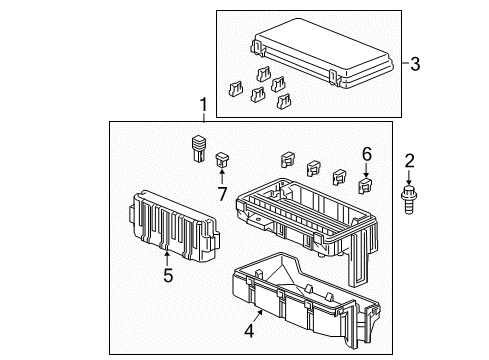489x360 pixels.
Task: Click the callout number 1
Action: point(203,105)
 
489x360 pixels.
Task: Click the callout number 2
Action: point(409,161)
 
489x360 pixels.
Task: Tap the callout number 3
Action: point(415,63)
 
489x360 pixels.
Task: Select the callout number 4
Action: point(249,330)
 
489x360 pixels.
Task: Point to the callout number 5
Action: point(168,275)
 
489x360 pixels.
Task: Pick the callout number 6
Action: point(366,154)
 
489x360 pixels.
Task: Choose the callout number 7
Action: point(222,193)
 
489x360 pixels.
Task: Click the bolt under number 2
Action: point(409,200)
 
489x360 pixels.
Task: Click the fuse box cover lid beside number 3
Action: point(322,53)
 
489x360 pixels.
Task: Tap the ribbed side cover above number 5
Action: point(173,226)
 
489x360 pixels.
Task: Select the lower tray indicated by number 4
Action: point(305,300)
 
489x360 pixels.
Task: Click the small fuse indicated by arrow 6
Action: point(365,186)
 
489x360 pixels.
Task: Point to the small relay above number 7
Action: point(223,160)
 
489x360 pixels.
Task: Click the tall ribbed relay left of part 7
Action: point(199,148)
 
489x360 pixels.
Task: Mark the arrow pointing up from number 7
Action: point(222,176)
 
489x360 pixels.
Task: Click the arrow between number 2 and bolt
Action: point(409,177)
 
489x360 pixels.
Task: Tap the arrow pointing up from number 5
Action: point(167,259)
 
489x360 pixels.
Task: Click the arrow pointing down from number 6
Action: point(366,170)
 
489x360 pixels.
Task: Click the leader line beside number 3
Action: point(405,63)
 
